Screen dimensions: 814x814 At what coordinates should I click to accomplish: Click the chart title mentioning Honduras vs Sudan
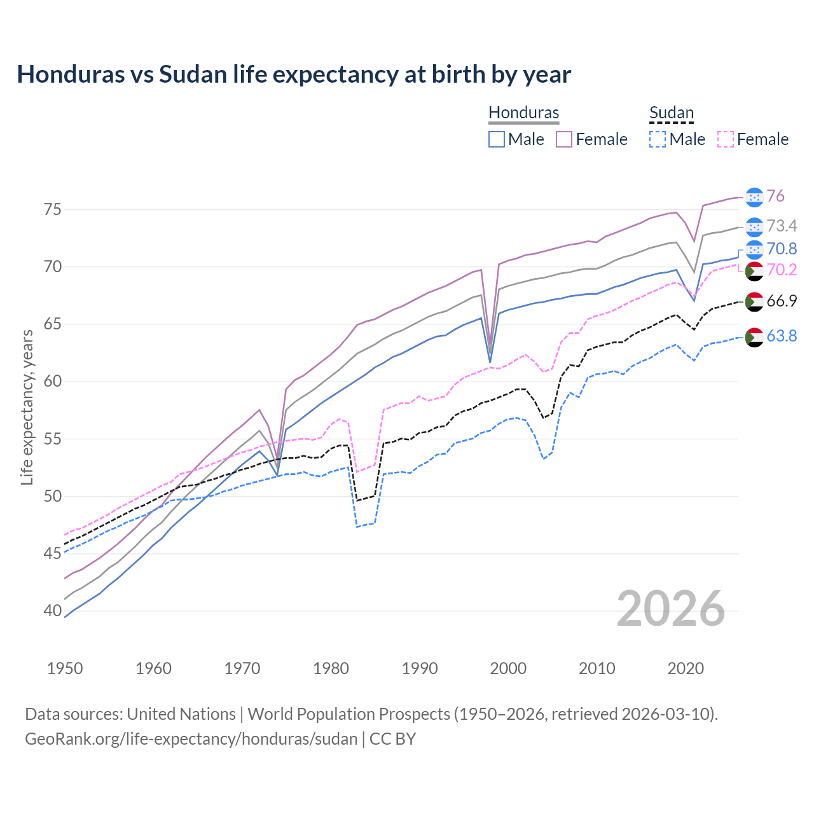tap(294, 74)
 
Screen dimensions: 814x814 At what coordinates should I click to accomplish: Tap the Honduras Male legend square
tap(497, 139)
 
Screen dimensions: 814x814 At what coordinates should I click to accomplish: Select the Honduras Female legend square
tap(564, 139)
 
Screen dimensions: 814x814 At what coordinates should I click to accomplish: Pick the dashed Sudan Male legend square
tap(658, 139)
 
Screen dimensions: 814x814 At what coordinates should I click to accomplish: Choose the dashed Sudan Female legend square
tap(726, 139)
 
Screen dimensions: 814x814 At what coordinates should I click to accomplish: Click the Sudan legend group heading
tap(671, 113)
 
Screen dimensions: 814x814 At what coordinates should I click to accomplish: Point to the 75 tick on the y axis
tap(53, 209)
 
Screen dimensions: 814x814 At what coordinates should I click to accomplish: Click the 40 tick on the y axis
tap(53, 611)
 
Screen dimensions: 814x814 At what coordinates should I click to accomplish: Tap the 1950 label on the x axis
tap(65, 668)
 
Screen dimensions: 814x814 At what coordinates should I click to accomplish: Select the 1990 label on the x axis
tap(420, 668)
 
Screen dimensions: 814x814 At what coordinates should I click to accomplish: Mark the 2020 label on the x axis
tap(686, 668)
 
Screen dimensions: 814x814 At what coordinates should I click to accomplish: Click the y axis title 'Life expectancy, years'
tap(27, 407)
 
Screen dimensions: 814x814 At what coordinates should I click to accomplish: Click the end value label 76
tap(775, 196)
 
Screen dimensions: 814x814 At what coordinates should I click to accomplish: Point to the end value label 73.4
tap(782, 226)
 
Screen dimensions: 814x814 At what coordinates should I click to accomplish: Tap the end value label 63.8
tap(782, 336)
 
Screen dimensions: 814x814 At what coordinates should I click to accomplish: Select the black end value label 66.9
tap(782, 301)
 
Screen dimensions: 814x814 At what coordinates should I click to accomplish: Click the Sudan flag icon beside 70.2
tap(754, 271)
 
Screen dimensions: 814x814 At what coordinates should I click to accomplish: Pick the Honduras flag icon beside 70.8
tap(754, 249)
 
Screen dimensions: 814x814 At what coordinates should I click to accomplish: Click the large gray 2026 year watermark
tap(671, 609)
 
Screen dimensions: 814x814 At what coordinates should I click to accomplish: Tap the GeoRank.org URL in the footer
tap(191, 739)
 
